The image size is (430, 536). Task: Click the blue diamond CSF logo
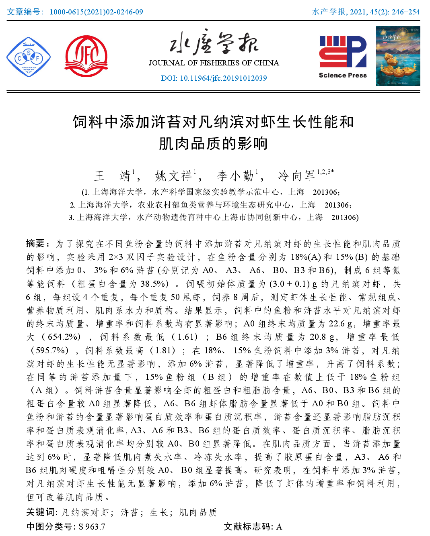[x=29, y=57]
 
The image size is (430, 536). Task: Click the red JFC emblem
[x=86, y=56]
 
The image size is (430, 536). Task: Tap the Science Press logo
[x=343, y=57]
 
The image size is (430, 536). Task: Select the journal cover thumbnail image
[x=398, y=56]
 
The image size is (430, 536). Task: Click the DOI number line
[x=214, y=78]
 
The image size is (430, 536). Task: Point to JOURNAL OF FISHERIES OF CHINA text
[x=214, y=63]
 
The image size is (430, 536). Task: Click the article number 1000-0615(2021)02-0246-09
[x=96, y=12]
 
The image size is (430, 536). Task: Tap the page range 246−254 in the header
[x=405, y=12]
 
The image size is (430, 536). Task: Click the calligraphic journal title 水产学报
[x=214, y=43]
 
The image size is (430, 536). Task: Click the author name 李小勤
[x=235, y=176]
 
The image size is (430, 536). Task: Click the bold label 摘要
[x=37, y=244]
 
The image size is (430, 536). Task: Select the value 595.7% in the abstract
[x=52, y=350]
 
